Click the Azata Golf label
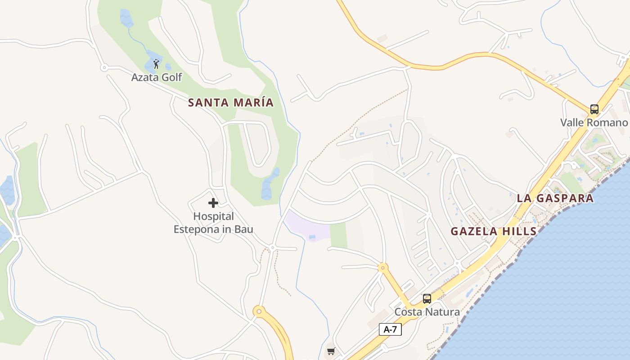[156, 77]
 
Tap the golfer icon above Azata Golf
[156, 64]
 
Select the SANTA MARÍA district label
[230, 103]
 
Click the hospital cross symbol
[213, 203]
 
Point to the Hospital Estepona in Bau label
[213, 223]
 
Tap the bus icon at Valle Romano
[594, 109]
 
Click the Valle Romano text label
[594, 122]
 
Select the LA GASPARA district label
[555, 198]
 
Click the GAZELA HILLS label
[494, 232]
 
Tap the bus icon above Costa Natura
[427, 298]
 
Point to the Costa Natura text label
[427, 312]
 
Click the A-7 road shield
[390, 329]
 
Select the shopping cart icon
[331, 351]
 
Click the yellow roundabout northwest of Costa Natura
[382, 268]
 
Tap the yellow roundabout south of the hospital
[258, 311]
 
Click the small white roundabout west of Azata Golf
[104, 67]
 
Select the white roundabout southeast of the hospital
[272, 247]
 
